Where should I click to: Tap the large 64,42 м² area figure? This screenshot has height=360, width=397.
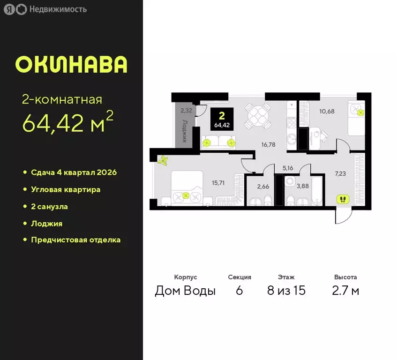[x=67, y=123]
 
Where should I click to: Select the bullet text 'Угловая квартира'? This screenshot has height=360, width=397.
[x=66, y=189]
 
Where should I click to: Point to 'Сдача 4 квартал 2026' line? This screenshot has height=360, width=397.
[x=74, y=172]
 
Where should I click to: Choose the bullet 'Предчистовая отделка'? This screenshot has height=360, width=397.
[x=75, y=240]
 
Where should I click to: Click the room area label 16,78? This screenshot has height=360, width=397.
[x=268, y=144]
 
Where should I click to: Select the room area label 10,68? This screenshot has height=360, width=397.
[x=328, y=111]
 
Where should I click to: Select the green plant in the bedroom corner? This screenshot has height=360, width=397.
[x=164, y=161]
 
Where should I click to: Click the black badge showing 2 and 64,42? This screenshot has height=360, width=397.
[x=223, y=119]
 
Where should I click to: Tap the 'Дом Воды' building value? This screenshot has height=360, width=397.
[x=185, y=291]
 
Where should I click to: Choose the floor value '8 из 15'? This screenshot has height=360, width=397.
[x=286, y=291]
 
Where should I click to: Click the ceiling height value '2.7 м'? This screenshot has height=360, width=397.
[x=345, y=291]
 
